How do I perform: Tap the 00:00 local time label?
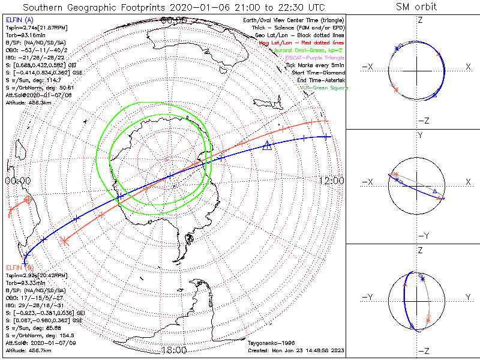pyautogui.click(x=17, y=181)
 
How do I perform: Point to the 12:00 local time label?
pyautogui.click(x=331, y=181)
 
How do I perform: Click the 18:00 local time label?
pyautogui.click(x=173, y=349)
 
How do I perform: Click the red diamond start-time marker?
pyautogui.click(x=28, y=200)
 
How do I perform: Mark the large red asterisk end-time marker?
pyautogui.click(x=65, y=241)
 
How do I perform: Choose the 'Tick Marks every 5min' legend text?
pyautogui.click(x=316, y=65)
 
